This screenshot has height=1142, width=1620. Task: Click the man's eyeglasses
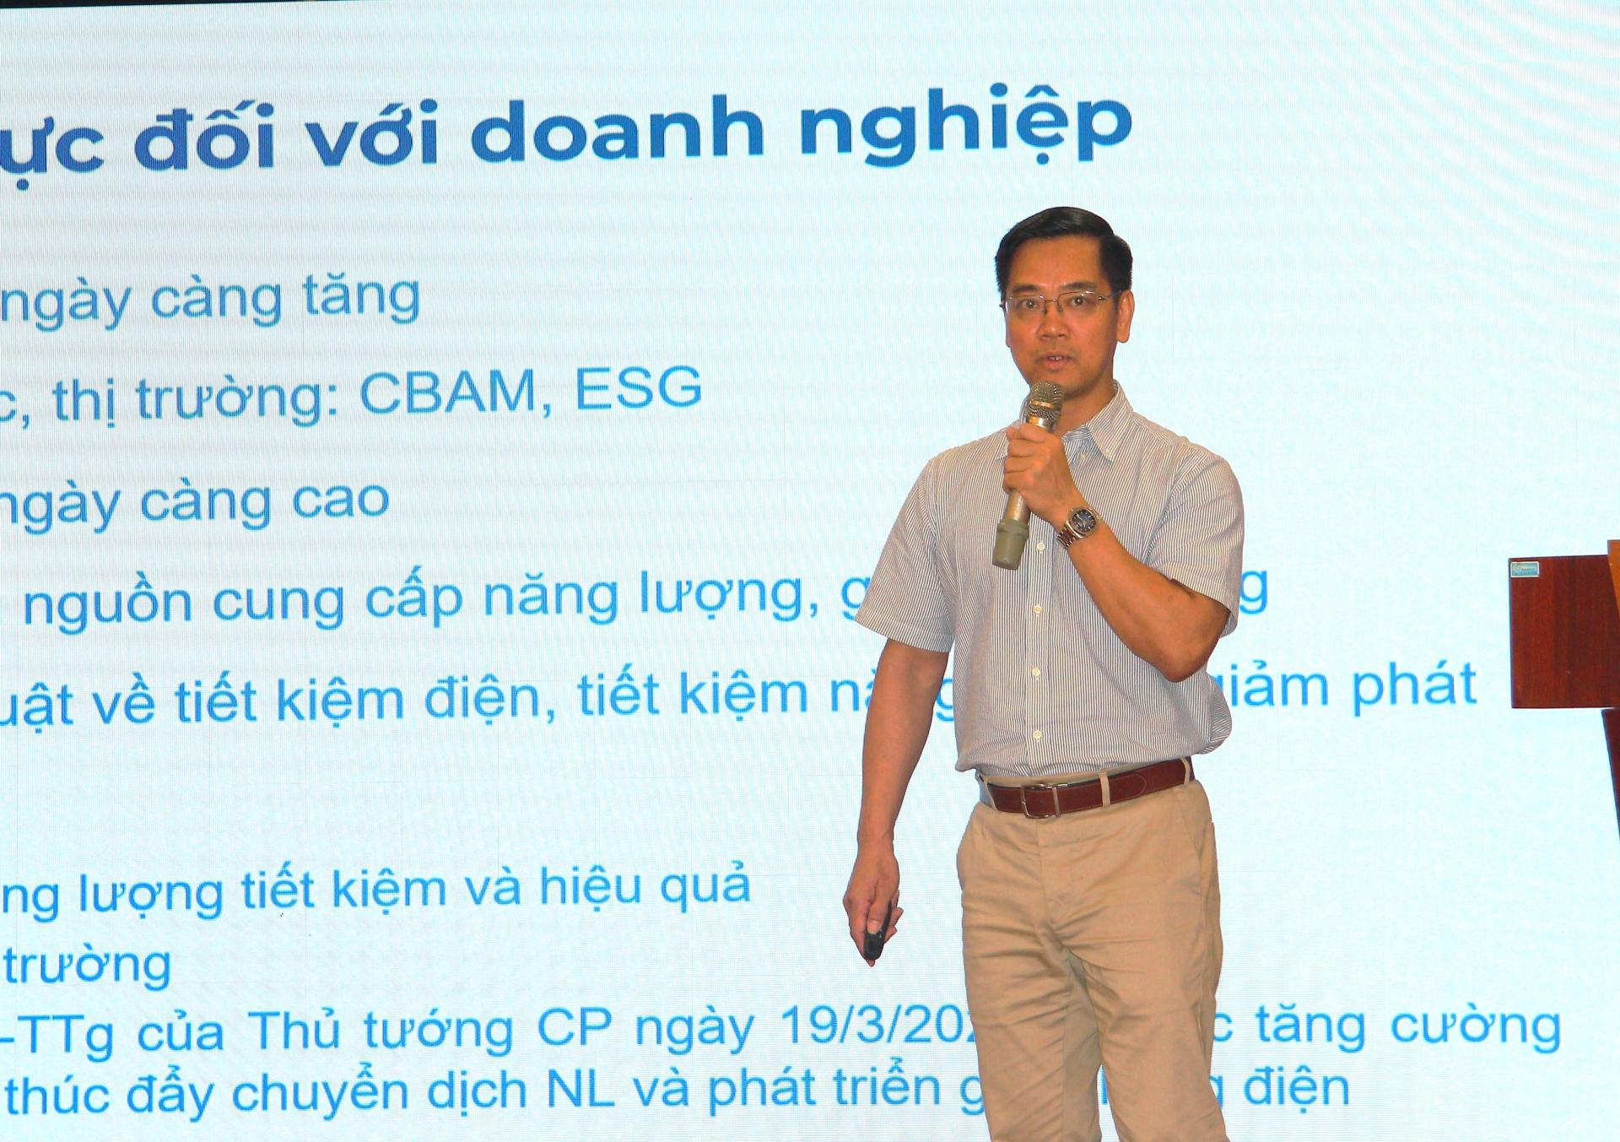tap(1060, 305)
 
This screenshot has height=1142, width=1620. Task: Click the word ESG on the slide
tap(638, 389)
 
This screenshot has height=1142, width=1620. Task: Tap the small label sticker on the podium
tap(1524, 569)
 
